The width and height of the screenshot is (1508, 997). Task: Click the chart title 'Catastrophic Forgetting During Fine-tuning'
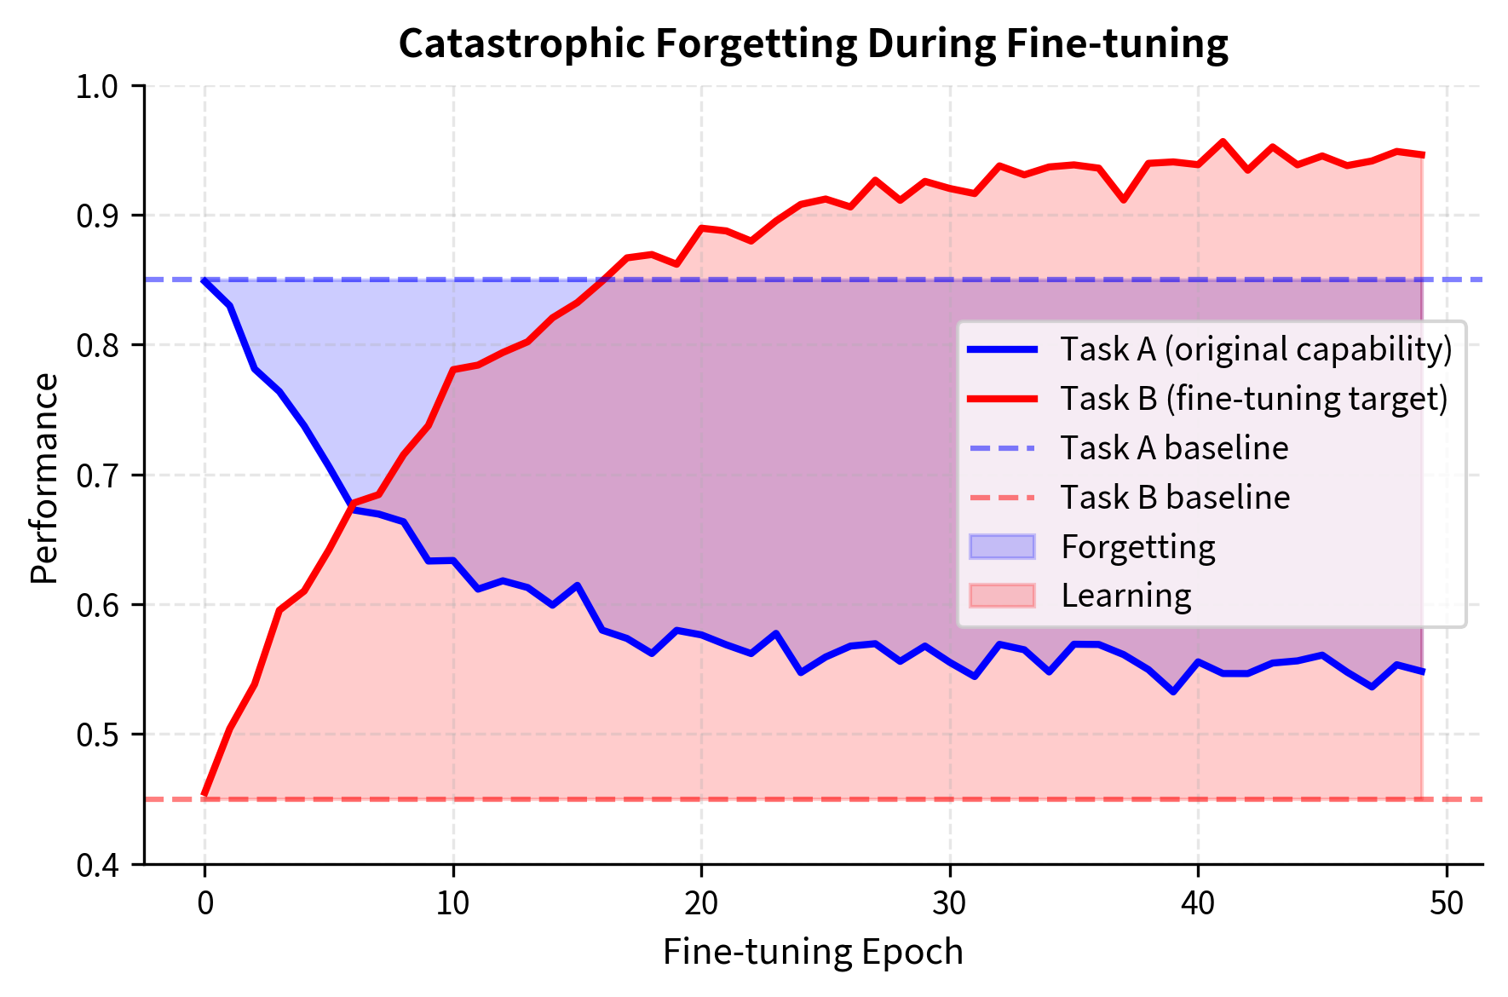813,44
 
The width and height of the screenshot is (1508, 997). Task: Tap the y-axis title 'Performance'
44,478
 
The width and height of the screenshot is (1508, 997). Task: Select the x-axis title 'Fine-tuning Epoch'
813,952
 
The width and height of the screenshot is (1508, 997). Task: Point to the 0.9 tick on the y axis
101,216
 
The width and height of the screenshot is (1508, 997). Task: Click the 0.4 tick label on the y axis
101,865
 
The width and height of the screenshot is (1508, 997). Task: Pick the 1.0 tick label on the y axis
101,86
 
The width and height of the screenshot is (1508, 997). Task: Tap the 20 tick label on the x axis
701,903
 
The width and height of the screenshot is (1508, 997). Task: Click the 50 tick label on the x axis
1447,903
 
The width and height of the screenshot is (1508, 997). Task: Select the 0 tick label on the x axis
204,903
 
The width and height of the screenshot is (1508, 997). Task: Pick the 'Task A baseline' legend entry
1174,448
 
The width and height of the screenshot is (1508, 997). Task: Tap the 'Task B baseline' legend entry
1175,498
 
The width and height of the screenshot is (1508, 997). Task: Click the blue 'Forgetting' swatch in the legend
1002,547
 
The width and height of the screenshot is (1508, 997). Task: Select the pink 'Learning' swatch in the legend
1002,596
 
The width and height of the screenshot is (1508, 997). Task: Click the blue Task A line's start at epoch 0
204,280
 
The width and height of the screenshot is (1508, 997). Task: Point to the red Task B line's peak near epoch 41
1223,141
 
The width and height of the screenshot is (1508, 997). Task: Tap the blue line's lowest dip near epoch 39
1173,692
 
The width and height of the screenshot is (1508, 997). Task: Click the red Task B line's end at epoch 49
1422,155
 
